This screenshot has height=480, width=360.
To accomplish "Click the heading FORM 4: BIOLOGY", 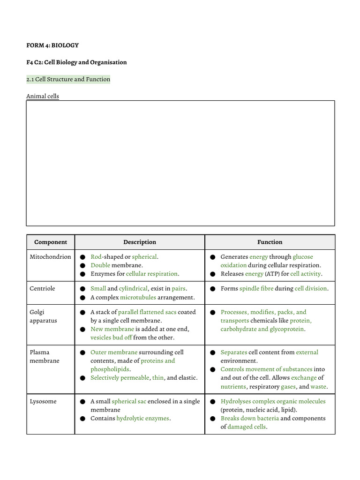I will coord(52,45).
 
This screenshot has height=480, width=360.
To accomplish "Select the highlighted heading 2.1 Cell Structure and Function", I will coord(68,79).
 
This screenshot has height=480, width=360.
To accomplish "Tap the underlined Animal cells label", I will coord(43,97).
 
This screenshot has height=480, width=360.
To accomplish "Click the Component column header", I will coord(51,242).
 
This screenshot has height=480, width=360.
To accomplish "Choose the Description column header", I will coord(140,242).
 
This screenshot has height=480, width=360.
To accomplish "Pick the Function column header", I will coord(270,242).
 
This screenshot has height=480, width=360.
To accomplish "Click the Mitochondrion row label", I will coord(51,257).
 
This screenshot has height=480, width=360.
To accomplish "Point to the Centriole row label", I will coord(42,289).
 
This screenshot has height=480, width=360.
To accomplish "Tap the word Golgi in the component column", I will coord(37,312).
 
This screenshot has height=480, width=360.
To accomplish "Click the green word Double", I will coord(100,265).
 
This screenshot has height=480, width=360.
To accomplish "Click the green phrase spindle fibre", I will coord(256,289).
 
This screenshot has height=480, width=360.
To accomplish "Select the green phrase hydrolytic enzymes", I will coord(142,418).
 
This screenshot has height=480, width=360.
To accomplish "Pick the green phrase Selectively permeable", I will coord(120,378).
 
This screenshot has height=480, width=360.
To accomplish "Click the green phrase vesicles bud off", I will coord(111,337).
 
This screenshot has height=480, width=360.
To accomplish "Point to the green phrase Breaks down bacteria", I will coord(250,418).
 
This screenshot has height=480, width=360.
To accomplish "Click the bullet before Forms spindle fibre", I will coord(212,289).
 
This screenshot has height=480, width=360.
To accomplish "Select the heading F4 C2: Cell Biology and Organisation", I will coord(76,62).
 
